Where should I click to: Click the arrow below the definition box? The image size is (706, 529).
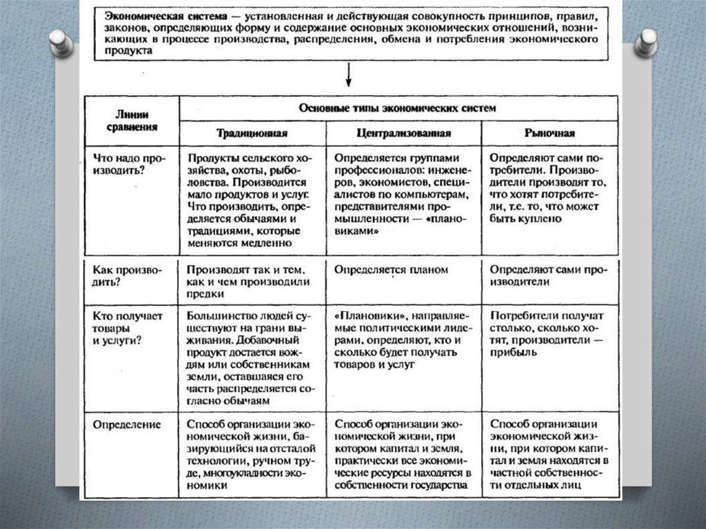tap(349, 74)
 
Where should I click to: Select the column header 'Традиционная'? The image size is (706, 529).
tap(251, 133)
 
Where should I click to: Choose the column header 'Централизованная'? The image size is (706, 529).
tap(404, 133)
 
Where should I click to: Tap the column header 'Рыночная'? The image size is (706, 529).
tap(549, 133)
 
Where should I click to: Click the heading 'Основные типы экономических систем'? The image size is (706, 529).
tap(397, 108)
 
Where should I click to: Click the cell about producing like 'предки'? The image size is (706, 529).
tap(249, 281)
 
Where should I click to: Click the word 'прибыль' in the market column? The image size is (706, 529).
tap(512, 352)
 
